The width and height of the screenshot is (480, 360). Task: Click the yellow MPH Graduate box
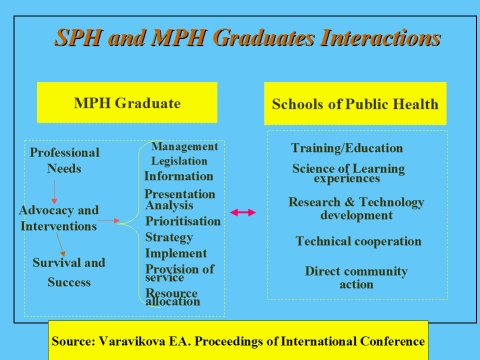[x=127, y=103]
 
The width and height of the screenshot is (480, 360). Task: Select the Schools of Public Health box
[x=355, y=104]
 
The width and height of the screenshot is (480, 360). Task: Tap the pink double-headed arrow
[x=243, y=212]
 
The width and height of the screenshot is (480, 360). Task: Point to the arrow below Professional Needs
[x=54, y=192]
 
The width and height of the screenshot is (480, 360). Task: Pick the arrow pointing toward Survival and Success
[x=60, y=244]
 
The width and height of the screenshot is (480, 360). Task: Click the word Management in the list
[x=185, y=146]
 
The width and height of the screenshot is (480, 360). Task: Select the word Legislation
[x=179, y=161]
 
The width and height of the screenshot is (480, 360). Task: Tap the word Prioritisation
[x=183, y=221]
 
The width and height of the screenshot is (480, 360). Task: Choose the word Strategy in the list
[x=169, y=237]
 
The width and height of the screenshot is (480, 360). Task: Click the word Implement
[x=176, y=253]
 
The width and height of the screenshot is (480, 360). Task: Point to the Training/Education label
[x=347, y=148]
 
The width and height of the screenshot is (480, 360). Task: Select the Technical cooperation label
[x=359, y=241]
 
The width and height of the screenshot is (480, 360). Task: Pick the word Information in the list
[x=179, y=176]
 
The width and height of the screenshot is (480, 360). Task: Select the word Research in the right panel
[x=314, y=202]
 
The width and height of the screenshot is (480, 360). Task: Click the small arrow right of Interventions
[x=108, y=220]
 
